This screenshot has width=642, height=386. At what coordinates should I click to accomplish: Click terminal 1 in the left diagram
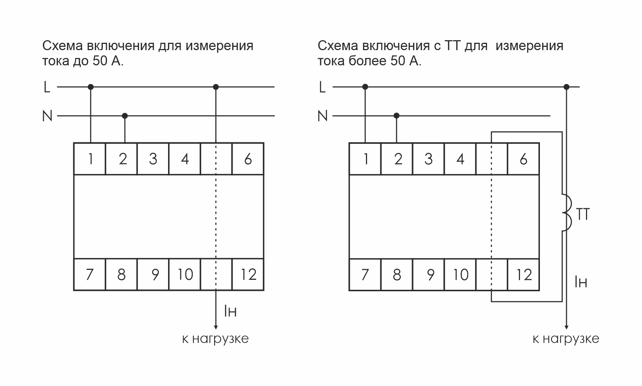[90, 159]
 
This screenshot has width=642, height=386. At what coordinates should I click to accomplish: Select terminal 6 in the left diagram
[248, 159]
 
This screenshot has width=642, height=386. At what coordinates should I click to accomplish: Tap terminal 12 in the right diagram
[523, 275]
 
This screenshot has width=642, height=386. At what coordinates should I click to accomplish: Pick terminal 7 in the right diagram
[365, 275]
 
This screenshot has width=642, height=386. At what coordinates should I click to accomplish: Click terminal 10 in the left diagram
[185, 275]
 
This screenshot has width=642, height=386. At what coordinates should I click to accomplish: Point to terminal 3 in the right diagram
[428, 159]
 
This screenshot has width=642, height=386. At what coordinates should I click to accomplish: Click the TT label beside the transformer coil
[583, 215]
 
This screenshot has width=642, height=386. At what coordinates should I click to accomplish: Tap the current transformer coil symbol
[566, 213]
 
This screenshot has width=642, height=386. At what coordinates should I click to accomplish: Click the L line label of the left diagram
[47, 87]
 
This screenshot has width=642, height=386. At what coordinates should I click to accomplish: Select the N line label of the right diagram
[322, 116]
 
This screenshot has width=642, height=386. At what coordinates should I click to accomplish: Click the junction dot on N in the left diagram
[125, 116]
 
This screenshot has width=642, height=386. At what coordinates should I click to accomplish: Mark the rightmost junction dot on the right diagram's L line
[566, 87]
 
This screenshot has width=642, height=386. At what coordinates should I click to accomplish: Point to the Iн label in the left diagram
[230, 311]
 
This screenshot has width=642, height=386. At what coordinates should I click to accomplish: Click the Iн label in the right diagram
[581, 282]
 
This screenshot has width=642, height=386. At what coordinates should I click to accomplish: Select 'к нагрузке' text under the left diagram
[216, 338]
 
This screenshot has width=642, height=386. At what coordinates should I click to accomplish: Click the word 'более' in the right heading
[367, 61]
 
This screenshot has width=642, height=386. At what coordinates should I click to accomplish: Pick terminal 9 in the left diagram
[155, 275]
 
